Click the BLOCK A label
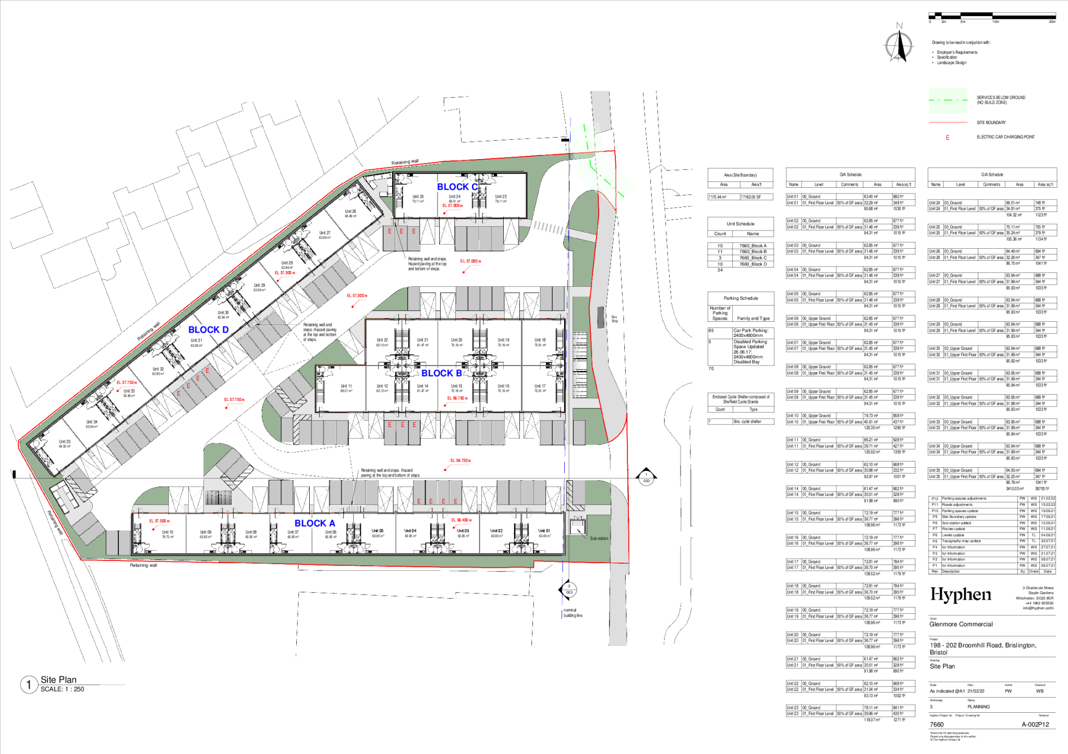314,523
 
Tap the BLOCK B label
441,373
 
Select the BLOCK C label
457,187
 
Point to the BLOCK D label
208,330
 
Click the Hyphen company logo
961,594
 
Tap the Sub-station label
599,538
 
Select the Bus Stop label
614,319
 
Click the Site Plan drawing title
58,679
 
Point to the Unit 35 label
65,442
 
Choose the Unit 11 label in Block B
346,386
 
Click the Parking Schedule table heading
741,298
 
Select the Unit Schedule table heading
741,224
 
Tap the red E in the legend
948,138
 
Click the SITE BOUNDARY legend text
991,123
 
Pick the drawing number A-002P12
1035,724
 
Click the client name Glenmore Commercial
961,624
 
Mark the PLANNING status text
978,707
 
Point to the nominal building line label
573,613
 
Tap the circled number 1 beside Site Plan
29,685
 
